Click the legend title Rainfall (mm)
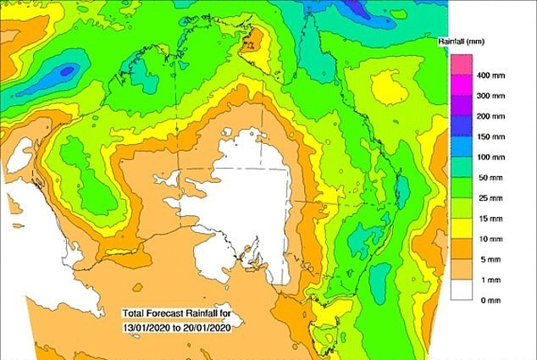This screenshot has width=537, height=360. (485, 40)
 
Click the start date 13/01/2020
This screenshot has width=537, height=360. (149, 324)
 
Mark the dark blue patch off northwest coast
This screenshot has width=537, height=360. (66, 72)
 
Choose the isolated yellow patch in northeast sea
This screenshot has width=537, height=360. (389, 85)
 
